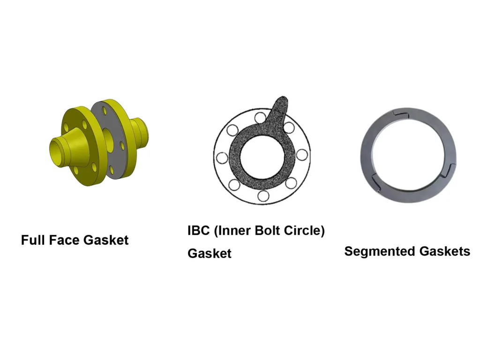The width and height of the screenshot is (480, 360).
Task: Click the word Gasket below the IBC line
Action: pyautogui.click(x=210, y=254)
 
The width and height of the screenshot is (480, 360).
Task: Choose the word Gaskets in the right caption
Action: pyautogui.click(x=444, y=251)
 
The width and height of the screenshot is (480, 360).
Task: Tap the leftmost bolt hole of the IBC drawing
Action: pyautogui.click(x=222, y=156)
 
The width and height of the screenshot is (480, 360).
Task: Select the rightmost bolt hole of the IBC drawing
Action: pyautogui.click(x=302, y=154)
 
